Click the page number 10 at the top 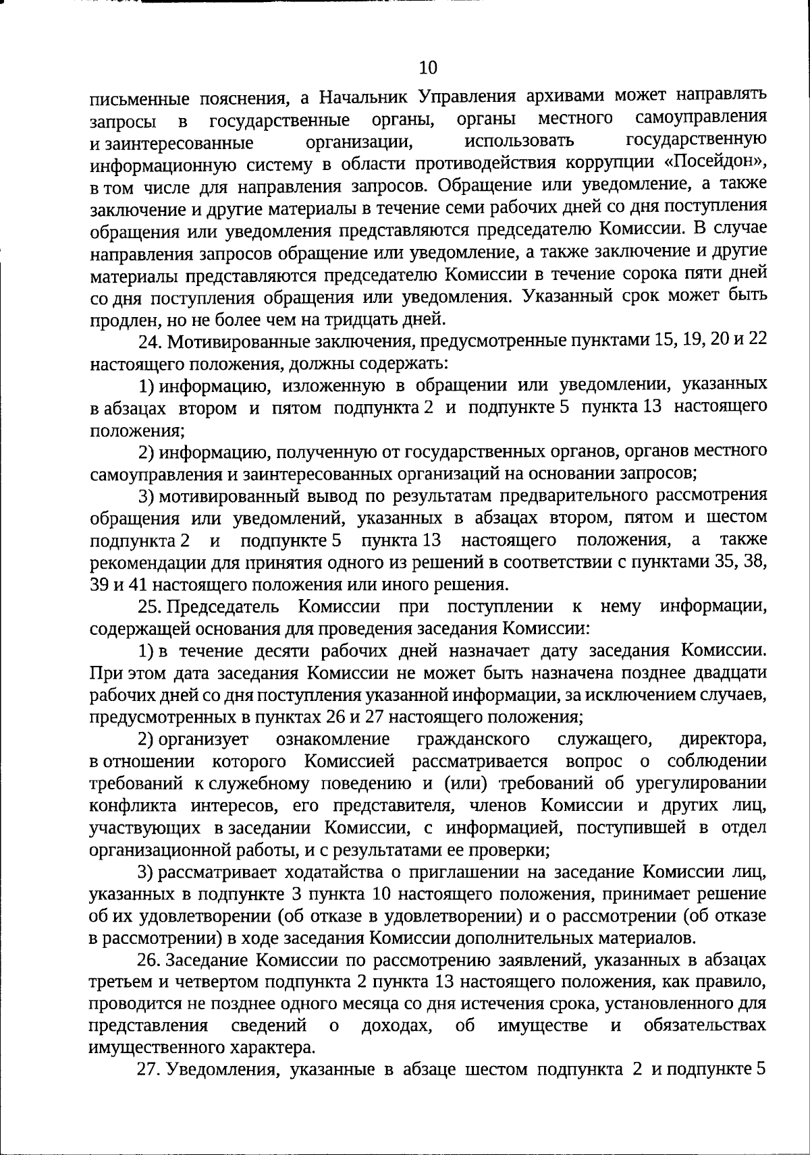click(429, 67)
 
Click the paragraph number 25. click(150, 607)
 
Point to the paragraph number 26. click(150, 959)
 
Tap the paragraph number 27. click(150, 1069)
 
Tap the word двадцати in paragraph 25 click(733, 673)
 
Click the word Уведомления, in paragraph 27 click(221, 1069)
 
